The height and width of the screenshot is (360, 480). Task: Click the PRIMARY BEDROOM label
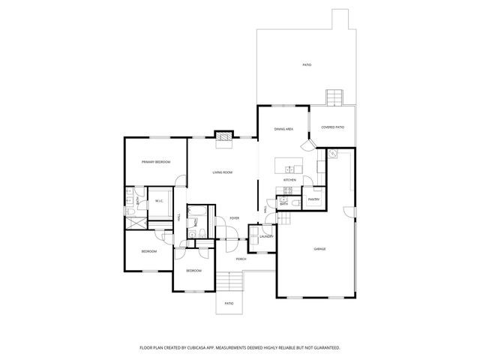pyautogui.click(x=157, y=162)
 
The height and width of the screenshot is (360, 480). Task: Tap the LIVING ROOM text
pyautogui.click(x=222, y=172)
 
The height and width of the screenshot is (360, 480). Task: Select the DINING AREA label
pyautogui.click(x=283, y=130)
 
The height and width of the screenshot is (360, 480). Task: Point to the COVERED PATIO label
pyautogui.click(x=333, y=127)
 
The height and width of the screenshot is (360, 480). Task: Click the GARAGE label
pyautogui.click(x=319, y=248)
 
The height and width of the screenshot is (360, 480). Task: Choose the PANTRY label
pyautogui.click(x=313, y=199)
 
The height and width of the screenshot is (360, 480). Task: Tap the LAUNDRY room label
pyautogui.click(x=265, y=237)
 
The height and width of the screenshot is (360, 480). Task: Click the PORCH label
pyautogui.click(x=241, y=259)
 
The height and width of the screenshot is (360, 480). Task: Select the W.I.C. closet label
pyautogui.click(x=160, y=200)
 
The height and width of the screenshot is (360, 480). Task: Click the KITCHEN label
pyautogui.click(x=289, y=180)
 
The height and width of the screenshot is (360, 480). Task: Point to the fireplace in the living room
pyautogui.click(x=223, y=135)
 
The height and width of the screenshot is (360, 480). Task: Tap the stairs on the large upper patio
pyautogui.click(x=333, y=97)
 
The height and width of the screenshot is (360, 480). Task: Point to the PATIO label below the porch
pyautogui.click(x=229, y=304)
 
